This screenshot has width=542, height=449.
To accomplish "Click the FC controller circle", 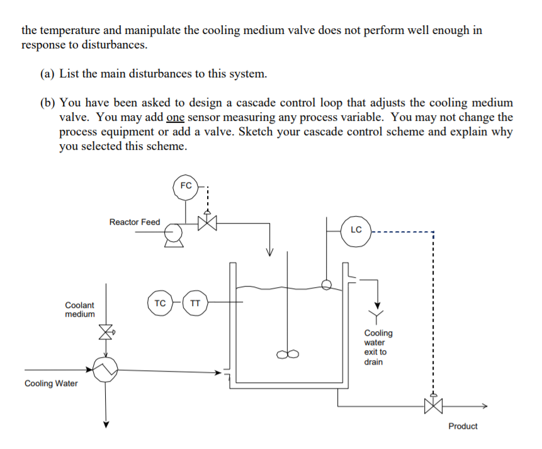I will (x=186, y=187).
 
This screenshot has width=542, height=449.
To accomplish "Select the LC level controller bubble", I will (x=356, y=230).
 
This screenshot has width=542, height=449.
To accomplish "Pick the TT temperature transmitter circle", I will (x=195, y=303).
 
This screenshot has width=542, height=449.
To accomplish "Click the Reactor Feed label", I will (x=134, y=222).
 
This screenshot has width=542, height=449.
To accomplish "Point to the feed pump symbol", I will (x=174, y=235).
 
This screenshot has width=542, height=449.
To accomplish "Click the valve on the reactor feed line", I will (x=206, y=223).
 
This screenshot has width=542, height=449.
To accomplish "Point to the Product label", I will (x=463, y=426).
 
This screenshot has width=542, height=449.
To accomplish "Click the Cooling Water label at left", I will (x=51, y=384).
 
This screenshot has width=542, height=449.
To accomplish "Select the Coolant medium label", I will (x=80, y=309).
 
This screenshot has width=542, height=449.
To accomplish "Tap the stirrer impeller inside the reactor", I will (x=290, y=355).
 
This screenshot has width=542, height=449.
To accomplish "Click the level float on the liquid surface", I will (x=326, y=285).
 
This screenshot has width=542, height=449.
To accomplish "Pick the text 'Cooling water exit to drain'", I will (x=378, y=347).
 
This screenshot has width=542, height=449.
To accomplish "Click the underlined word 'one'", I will (x=176, y=117).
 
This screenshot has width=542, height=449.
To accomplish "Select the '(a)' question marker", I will (x=48, y=74).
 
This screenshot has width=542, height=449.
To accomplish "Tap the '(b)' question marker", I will (x=48, y=103).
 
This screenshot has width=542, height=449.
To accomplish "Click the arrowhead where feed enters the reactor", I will (x=269, y=253).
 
